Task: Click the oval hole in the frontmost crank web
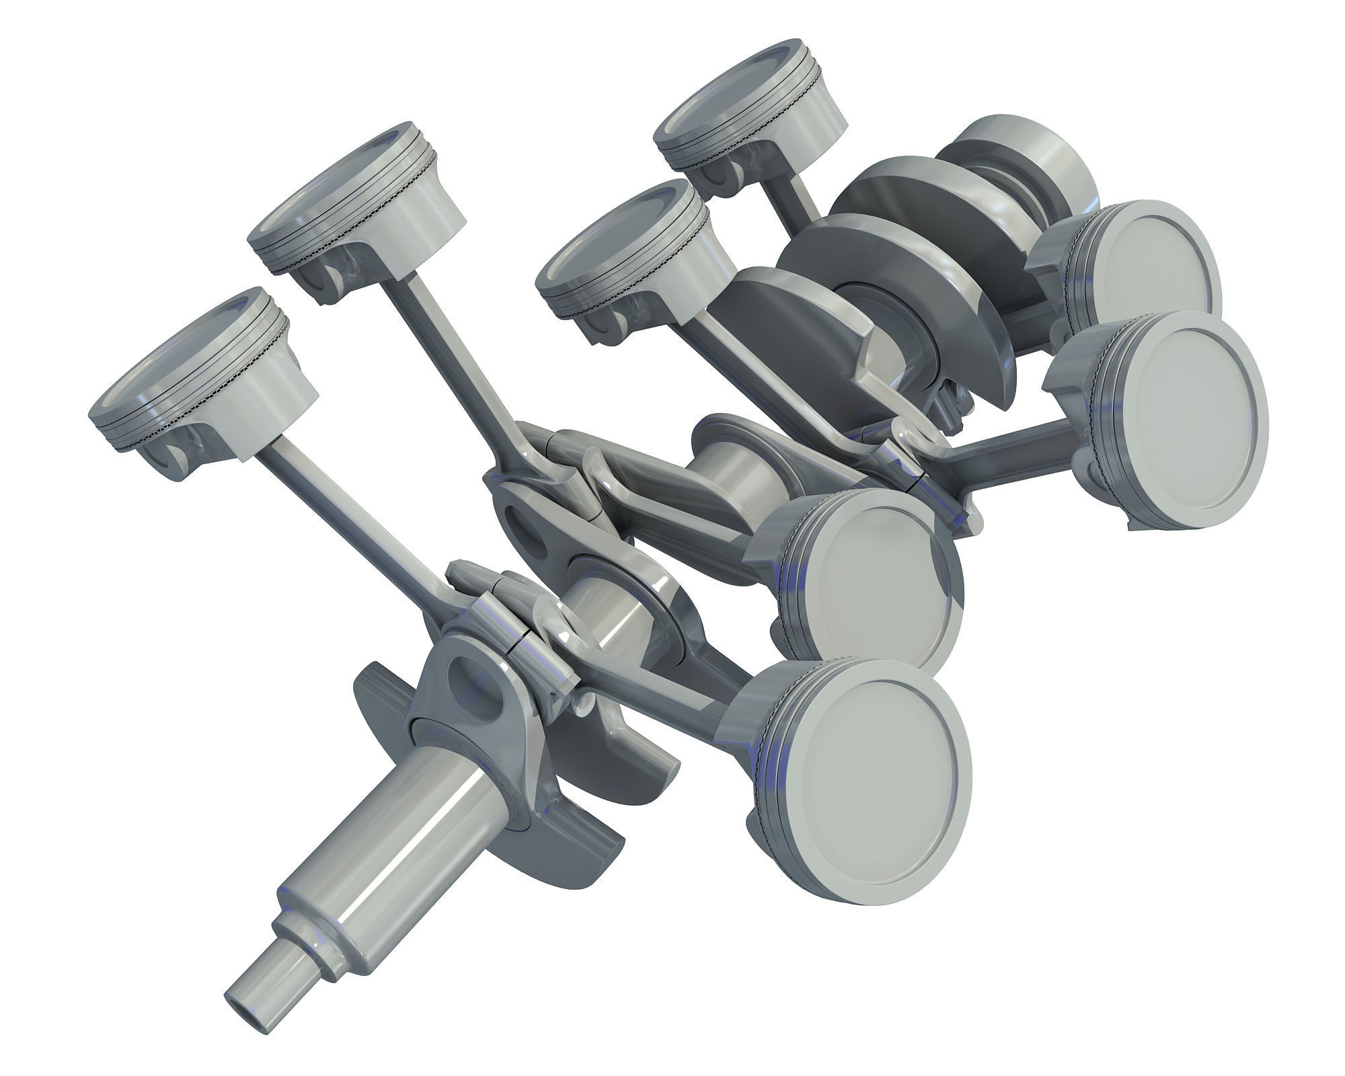point(474,693)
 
